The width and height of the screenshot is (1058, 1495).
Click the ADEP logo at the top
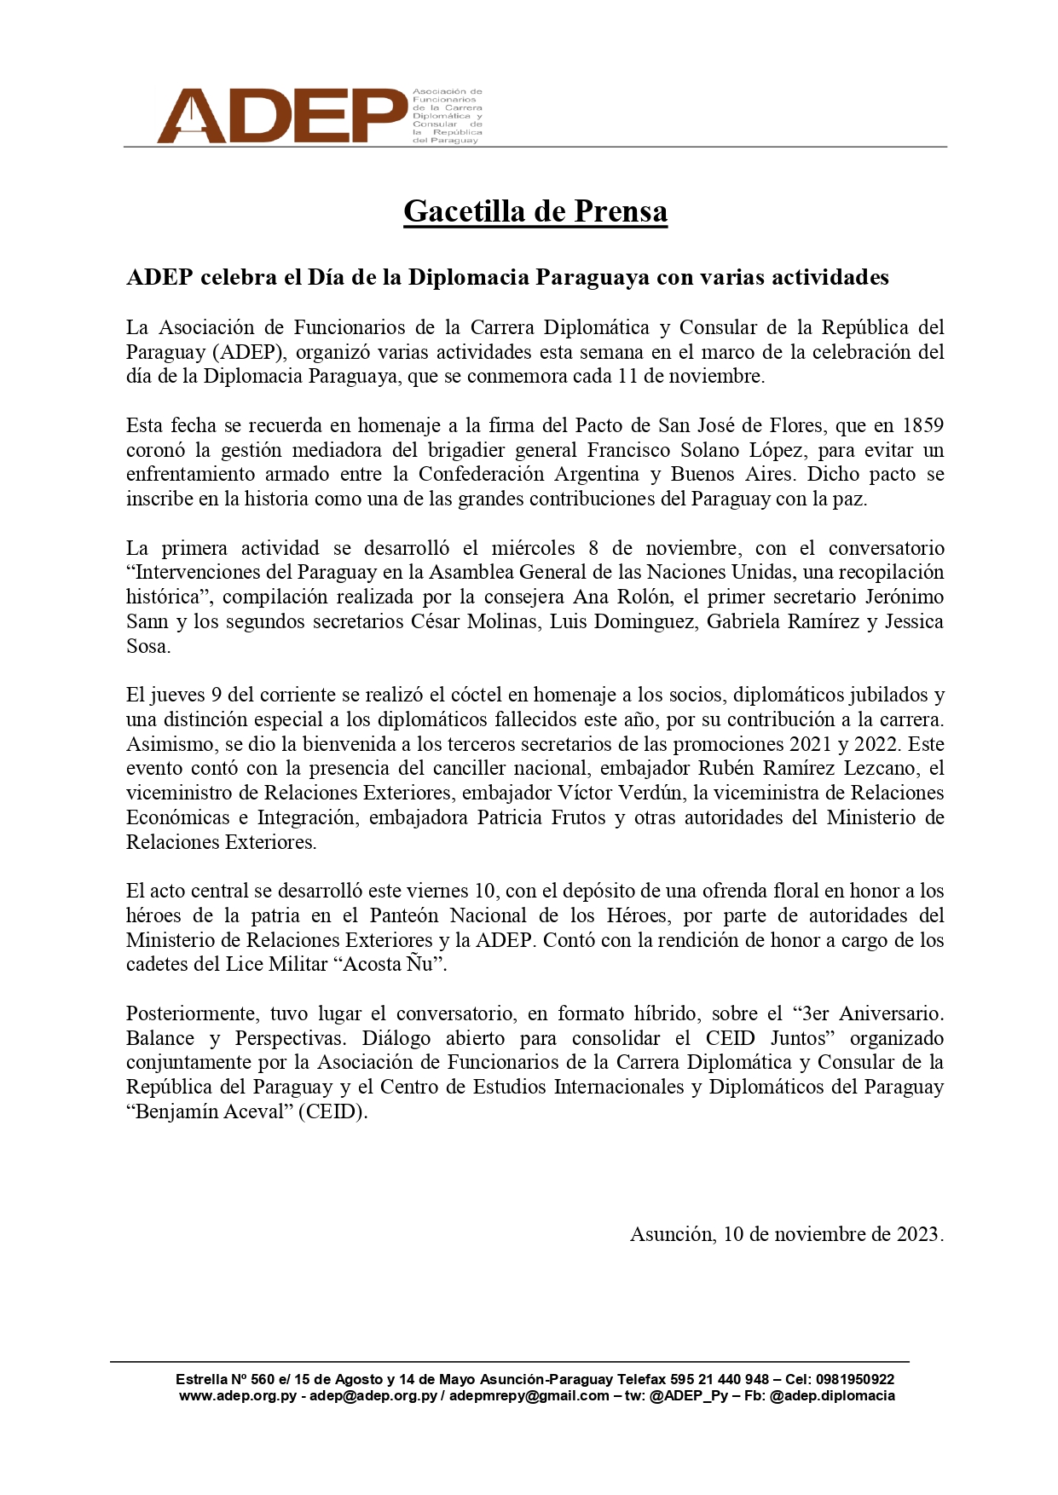[281, 115]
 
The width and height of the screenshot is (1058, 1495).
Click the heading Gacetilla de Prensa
[535, 211]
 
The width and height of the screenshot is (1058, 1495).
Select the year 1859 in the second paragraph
[922, 425]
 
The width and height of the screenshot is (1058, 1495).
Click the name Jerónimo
[905, 597]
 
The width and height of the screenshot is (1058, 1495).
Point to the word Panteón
[405, 916]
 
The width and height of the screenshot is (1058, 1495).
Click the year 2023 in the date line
[917, 1235]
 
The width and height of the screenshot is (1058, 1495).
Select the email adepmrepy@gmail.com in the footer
[529, 1396]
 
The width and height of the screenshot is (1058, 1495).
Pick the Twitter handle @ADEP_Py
[688, 1396]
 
